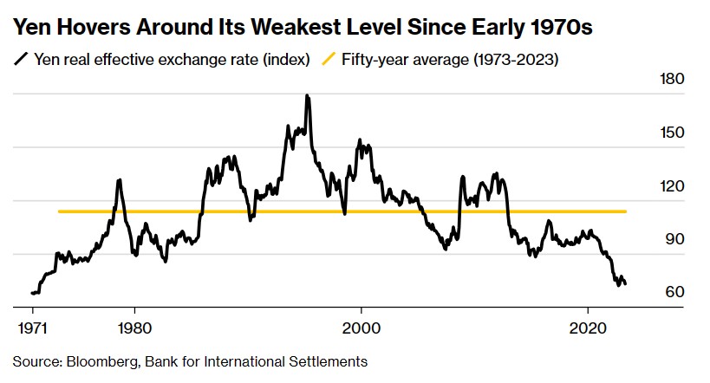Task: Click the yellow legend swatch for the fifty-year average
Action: point(329,60)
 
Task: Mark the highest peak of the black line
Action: point(307,96)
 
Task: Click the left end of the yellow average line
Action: point(59,211)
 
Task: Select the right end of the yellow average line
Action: point(625,211)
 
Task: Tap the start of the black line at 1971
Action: point(32,294)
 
